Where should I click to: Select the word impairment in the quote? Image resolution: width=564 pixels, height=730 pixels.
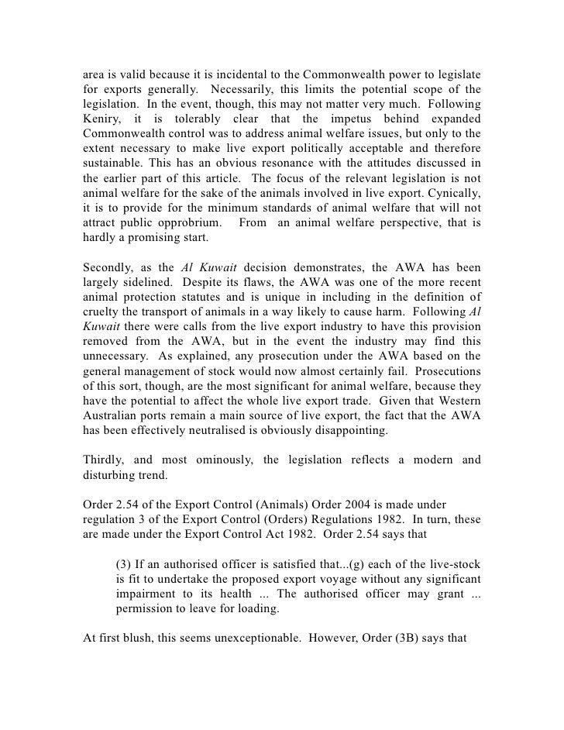tap(148, 592)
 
